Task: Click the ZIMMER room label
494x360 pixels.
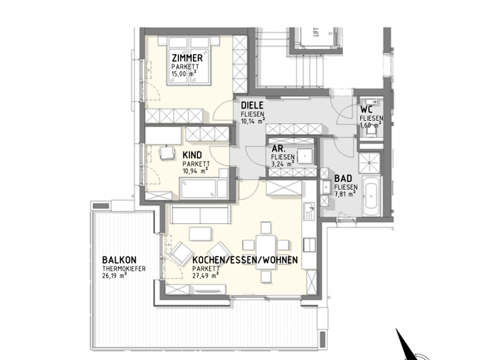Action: click(187, 59)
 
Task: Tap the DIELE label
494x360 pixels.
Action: click(253, 105)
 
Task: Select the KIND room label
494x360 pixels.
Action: click(192, 155)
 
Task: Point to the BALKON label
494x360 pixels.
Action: click(118, 260)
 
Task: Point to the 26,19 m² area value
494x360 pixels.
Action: click(115, 276)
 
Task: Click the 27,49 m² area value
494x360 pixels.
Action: click(206, 276)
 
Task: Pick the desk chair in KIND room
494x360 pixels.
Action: click(167, 153)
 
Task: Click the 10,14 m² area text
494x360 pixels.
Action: click(252, 120)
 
